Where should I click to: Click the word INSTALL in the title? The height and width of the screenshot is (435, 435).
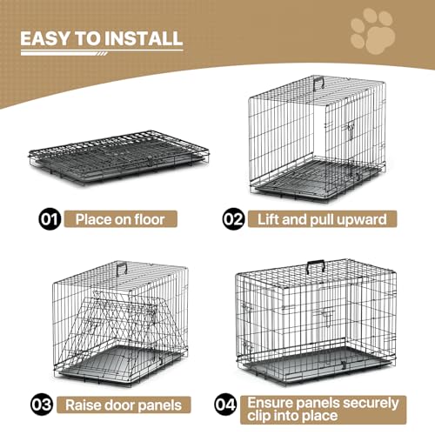pos(139,39)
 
